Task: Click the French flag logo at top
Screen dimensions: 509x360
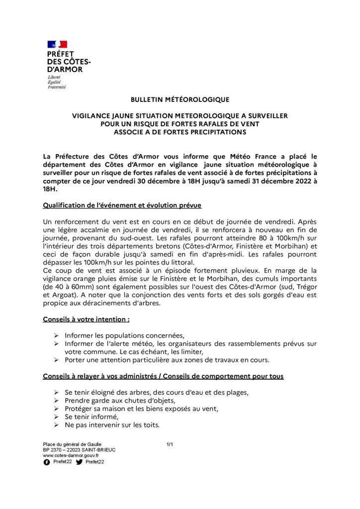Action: (57, 45)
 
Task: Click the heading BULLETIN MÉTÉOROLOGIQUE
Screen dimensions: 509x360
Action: (180, 99)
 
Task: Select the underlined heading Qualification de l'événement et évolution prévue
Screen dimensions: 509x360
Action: (122, 205)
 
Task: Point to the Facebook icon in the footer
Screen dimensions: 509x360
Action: (47, 462)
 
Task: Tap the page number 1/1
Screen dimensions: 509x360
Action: (170, 443)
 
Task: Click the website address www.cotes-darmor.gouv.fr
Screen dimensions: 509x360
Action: (71, 455)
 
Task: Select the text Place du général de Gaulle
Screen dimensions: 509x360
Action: (72, 443)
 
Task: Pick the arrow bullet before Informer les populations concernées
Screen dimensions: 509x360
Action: (56, 335)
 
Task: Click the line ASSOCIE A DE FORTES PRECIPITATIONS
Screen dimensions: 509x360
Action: (180, 132)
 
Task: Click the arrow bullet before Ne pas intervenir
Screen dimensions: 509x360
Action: (56, 426)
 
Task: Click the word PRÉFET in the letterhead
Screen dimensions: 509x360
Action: (60, 54)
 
